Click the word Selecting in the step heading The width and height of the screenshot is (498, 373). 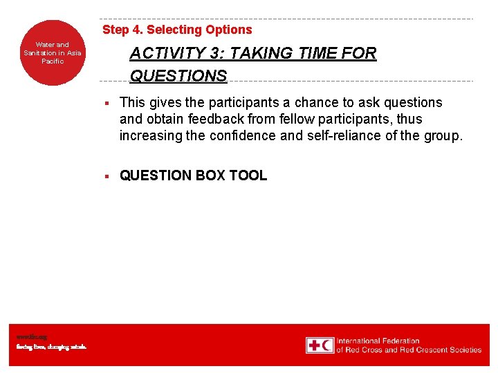click(x=172, y=30)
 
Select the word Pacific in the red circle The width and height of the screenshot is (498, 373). click(x=53, y=61)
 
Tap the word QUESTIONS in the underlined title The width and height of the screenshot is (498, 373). click(x=178, y=76)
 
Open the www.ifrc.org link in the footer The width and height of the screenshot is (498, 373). click(x=32, y=337)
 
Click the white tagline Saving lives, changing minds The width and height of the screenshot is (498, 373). click(x=52, y=347)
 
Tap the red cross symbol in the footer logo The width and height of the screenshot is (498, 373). click(x=315, y=345)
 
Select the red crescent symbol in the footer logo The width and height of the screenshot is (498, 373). click(x=327, y=345)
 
